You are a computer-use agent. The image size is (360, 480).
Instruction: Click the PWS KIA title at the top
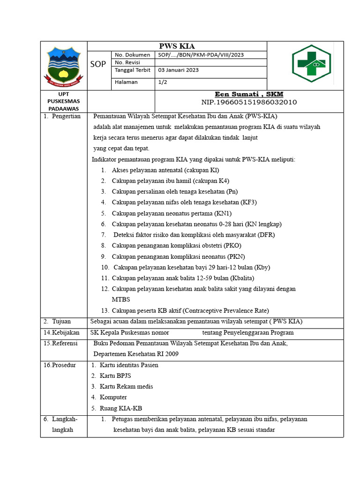pyautogui.click(x=177, y=46)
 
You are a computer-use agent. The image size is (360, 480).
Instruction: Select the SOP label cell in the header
pyautogui.click(x=98, y=64)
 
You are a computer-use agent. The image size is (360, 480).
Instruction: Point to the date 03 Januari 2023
pyautogui.click(x=179, y=70)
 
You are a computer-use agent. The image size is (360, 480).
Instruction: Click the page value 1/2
pyautogui.click(x=164, y=82)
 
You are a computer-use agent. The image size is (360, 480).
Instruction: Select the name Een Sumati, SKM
pyautogui.click(x=249, y=94)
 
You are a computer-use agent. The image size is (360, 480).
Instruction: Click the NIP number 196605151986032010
pyautogui.click(x=249, y=102)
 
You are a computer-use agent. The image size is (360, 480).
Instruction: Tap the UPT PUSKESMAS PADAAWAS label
pyautogui.click(x=64, y=101)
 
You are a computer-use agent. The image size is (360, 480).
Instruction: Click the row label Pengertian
pyautogui.click(x=66, y=116)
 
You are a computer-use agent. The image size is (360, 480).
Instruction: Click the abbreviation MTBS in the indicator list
pyautogui.click(x=121, y=300)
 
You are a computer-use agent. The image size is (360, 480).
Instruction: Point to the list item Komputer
pyautogui.click(x=113, y=397)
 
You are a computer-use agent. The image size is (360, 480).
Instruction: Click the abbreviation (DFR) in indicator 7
pyautogui.click(x=266, y=235)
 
